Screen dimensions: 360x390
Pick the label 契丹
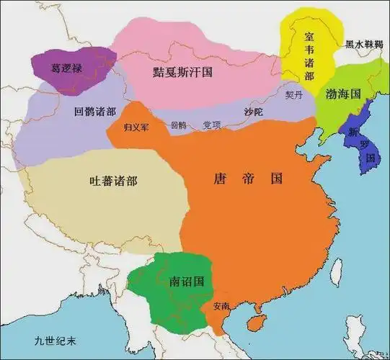[294, 95]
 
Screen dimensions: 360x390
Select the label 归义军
[136, 127]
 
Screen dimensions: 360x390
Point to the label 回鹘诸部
[94, 112]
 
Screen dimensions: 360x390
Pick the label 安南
[221, 306]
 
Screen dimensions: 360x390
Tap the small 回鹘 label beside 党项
[177, 125]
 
